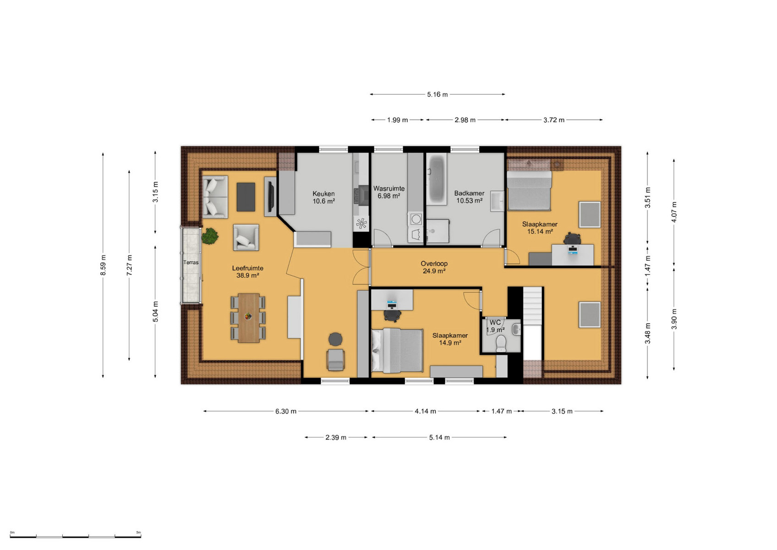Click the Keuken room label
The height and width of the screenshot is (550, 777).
(x=323, y=193)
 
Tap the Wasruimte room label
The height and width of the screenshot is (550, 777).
(x=389, y=188)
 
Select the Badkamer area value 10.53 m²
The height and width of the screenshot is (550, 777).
(x=469, y=201)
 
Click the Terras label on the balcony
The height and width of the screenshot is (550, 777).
(x=191, y=262)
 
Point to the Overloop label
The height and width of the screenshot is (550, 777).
(x=434, y=264)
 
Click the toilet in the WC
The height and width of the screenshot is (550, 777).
(x=501, y=343)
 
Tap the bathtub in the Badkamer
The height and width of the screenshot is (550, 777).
(x=437, y=179)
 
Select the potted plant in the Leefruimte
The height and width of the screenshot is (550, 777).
(x=209, y=236)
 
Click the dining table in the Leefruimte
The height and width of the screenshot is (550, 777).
(x=248, y=318)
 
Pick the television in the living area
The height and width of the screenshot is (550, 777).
(x=271, y=197)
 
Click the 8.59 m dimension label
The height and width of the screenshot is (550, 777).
(x=103, y=265)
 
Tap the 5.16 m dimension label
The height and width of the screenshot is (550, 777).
(x=437, y=94)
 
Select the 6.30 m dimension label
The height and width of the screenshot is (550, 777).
(x=286, y=411)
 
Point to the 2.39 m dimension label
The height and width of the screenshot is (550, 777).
(x=336, y=437)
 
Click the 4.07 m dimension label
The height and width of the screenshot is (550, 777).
(x=674, y=212)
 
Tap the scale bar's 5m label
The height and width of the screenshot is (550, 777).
(x=138, y=533)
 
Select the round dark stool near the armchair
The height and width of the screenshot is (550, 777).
(x=335, y=339)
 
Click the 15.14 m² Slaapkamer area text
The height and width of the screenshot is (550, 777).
(x=540, y=231)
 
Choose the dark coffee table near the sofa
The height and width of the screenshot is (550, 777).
(x=246, y=197)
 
